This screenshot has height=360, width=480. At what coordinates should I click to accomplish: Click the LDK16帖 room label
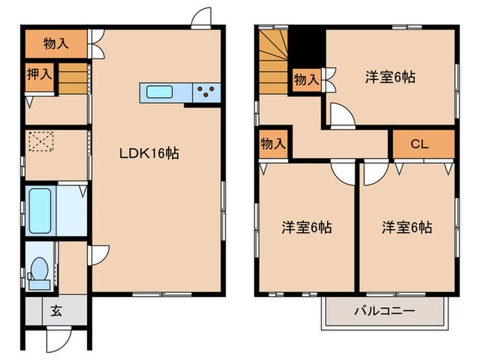[149, 153]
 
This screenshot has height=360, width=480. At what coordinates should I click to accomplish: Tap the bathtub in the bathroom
[40, 211]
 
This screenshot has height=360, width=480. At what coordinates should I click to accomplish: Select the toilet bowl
[39, 269]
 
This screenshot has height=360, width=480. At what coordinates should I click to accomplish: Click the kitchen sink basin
[159, 92]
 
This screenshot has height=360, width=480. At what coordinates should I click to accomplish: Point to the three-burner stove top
[206, 92]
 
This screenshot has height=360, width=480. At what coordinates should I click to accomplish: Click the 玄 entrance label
[57, 311]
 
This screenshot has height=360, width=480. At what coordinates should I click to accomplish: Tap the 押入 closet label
[40, 74]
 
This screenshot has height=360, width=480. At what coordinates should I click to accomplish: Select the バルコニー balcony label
[385, 311]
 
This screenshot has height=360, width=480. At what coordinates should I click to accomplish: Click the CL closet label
[420, 144]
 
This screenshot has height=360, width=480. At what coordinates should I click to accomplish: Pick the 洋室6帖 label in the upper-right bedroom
[390, 77]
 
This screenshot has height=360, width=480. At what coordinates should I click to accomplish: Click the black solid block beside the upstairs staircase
[307, 49]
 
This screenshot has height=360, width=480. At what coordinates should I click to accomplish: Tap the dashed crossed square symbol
[41, 141]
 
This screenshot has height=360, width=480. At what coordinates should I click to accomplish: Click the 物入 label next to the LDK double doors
[56, 43]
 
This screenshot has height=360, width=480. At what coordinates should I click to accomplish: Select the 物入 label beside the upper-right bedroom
[307, 80]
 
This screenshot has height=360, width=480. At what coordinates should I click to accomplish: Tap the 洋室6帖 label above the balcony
[407, 228]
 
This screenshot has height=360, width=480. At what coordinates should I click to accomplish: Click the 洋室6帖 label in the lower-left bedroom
[307, 228]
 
